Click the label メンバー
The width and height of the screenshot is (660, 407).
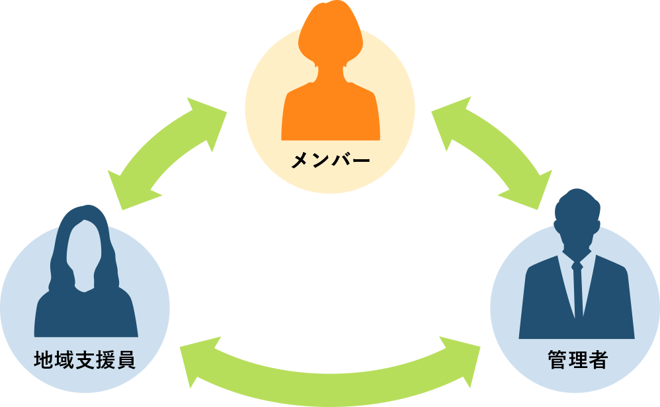click(330, 161)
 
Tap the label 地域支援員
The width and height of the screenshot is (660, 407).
click(84, 361)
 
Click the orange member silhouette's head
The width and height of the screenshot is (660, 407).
click(330, 33)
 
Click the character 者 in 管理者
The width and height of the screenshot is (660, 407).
click(597, 361)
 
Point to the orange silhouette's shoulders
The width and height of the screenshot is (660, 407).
click(330, 112)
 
